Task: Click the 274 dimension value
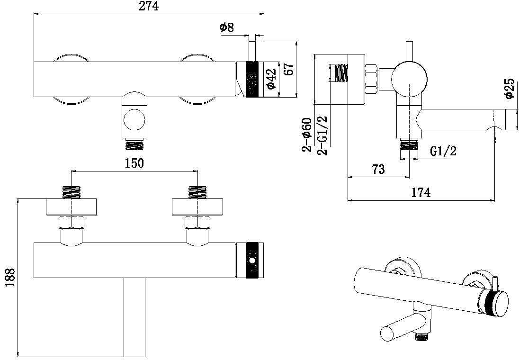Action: (148, 6)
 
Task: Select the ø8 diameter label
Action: (227, 28)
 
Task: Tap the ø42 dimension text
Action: (271, 79)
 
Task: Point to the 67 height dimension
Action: (289, 70)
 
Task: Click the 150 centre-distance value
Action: (134, 163)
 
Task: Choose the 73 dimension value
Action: (378, 169)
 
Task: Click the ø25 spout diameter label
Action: (510, 89)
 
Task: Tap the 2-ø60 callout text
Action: (307, 135)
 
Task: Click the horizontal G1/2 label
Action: (444, 152)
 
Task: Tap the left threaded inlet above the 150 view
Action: (71, 192)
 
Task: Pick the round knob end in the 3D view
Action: (495, 303)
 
